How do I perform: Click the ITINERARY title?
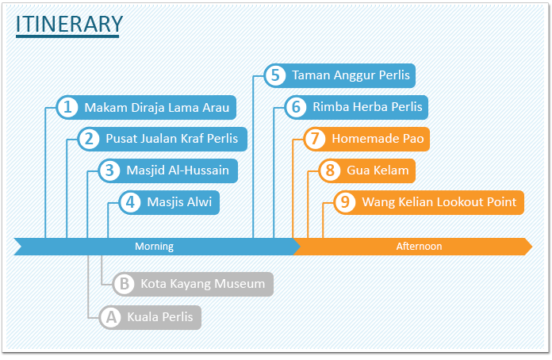(x=69, y=25)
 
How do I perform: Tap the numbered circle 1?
(x=67, y=107)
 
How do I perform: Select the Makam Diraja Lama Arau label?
(x=157, y=107)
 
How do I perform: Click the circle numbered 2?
(x=89, y=139)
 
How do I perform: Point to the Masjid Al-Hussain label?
(x=178, y=170)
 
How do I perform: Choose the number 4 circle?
(x=130, y=202)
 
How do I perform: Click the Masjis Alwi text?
(x=179, y=202)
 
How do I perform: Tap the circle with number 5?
(x=275, y=75)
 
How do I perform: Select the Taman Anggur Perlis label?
(x=351, y=75)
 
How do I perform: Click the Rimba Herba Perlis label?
(x=367, y=106)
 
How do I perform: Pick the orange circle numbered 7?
(x=315, y=139)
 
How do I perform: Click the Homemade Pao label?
(x=378, y=139)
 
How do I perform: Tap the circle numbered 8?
(x=330, y=170)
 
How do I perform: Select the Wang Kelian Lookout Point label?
(x=439, y=202)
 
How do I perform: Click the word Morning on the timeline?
(x=154, y=247)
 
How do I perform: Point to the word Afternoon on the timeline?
(x=419, y=247)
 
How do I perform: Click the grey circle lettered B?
(x=124, y=284)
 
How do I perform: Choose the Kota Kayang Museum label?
(x=203, y=284)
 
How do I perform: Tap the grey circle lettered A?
(x=111, y=317)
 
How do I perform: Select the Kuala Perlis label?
(x=160, y=317)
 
